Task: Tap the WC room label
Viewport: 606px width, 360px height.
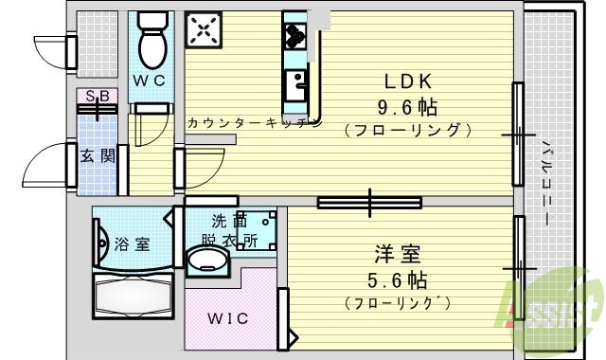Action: pos(149,81)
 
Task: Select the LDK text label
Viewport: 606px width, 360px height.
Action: pos(407,82)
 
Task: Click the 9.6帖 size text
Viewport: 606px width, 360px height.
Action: pos(407,104)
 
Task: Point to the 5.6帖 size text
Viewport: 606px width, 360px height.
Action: pos(398,280)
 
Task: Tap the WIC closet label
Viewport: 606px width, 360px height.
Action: pos(229,318)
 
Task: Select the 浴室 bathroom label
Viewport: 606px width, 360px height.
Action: pos(131,244)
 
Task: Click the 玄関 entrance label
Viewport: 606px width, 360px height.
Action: pos(97,155)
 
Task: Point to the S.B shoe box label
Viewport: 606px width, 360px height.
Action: pos(97,97)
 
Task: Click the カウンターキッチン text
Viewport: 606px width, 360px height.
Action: pos(254,123)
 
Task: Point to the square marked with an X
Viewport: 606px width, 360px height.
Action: pos(203,31)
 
